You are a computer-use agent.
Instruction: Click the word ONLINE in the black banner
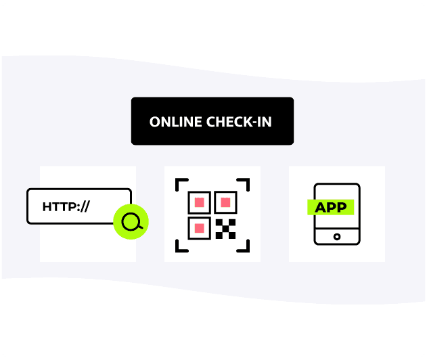(176, 122)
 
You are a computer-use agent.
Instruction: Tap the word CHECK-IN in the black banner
(239, 122)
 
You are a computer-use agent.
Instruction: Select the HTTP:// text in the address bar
(66, 206)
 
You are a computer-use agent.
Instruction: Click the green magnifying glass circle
(131, 222)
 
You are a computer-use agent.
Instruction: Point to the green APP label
(331, 207)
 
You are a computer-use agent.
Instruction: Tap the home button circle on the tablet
(337, 237)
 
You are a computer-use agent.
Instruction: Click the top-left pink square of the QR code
(200, 202)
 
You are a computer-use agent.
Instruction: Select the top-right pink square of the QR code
(225, 202)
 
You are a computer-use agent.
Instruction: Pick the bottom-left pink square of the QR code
(200, 228)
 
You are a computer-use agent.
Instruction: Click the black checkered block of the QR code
(225, 229)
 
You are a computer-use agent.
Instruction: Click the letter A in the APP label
(321, 208)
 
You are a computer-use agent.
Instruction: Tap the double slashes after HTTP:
(85, 206)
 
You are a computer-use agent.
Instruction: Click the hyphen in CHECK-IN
(252, 123)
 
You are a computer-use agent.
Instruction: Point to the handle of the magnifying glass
(140, 227)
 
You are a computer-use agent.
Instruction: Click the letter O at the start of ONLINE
(154, 122)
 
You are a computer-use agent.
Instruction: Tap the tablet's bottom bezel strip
(337, 237)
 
